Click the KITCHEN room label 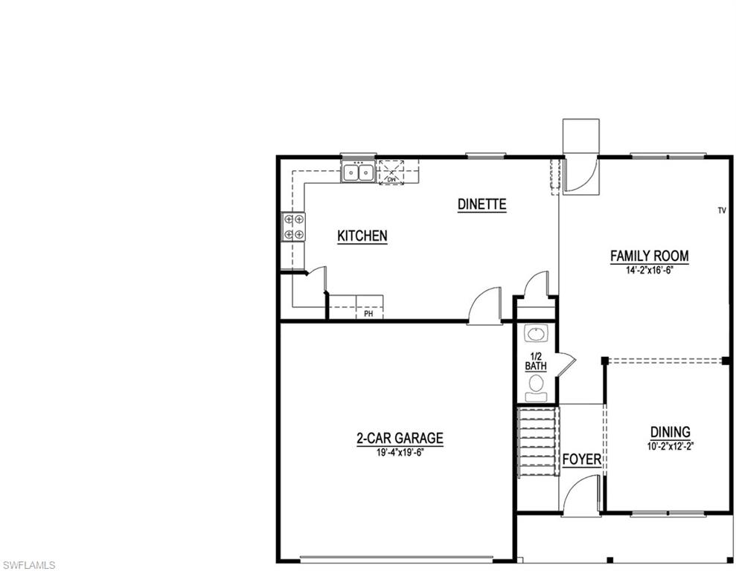click(362, 236)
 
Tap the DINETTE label click(481, 204)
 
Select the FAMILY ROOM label click(649, 256)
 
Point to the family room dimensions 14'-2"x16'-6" click(649, 271)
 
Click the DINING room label click(670, 432)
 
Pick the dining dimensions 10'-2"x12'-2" click(670, 447)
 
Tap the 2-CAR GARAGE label click(399, 439)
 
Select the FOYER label click(581, 459)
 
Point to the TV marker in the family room click(721, 211)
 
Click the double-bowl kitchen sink click(358, 173)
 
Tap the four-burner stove click(294, 227)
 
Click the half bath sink click(535, 332)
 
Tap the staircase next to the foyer click(537, 441)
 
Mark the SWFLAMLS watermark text click(28, 564)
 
